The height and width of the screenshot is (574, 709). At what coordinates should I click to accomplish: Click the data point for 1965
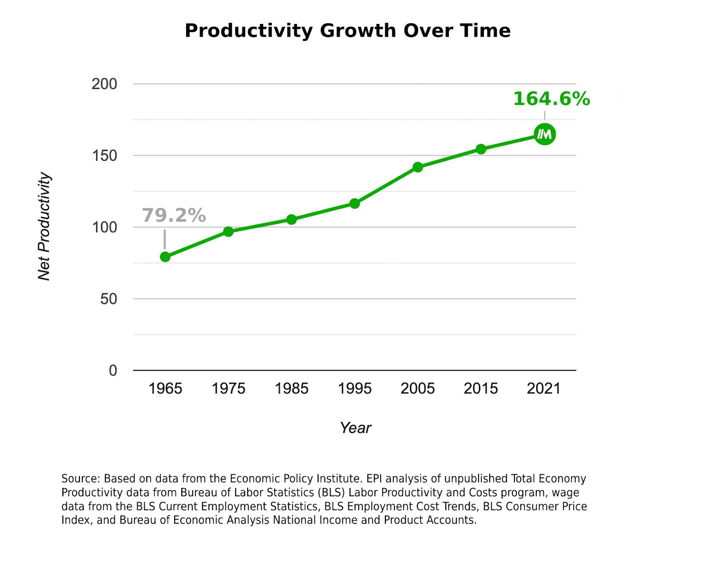tap(165, 257)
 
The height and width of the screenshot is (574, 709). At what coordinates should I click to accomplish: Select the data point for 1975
tap(228, 232)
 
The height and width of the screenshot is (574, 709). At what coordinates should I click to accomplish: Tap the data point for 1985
tap(292, 220)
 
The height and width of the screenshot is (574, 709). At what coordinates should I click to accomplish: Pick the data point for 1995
tap(354, 204)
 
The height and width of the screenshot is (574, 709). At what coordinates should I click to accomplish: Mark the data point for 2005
tap(418, 167)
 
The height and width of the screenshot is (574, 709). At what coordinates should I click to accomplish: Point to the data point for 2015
tap(481, 149)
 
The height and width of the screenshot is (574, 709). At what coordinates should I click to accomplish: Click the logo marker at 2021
tap(545, 134)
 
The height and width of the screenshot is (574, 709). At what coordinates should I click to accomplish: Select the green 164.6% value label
tap(551, 99)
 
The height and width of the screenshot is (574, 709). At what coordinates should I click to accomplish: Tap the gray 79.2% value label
tap(174, 216)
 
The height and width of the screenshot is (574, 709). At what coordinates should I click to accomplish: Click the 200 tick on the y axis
tap(105, 84)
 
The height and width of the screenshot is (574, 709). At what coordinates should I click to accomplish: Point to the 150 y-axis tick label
tap(105, 155)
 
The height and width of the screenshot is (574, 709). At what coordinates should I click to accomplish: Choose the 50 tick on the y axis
tap(109, 299)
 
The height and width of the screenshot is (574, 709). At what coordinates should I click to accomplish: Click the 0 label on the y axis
tap(113, 370)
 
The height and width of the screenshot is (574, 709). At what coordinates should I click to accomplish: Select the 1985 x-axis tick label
tap(292, 388)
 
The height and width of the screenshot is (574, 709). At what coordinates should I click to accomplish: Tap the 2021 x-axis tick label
tap(544, 388)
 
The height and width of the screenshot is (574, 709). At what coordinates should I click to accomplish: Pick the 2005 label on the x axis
tap(418, 388)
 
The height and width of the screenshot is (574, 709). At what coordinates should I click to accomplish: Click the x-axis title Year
tap(355, 428)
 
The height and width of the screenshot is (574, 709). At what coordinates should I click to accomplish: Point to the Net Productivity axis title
tap(44, 226)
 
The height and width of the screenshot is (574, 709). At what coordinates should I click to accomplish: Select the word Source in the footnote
tap(80, 479)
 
